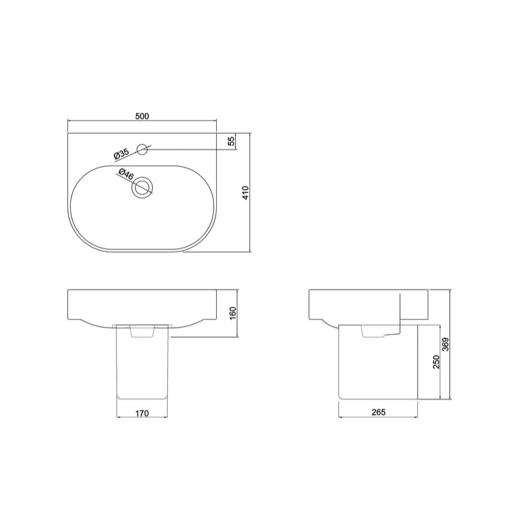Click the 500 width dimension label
coord(142,116)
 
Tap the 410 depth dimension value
coord(245,193)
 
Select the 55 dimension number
coord(231,141)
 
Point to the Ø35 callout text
coord(121,155)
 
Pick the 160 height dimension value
coord(232,313)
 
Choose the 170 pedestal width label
coord(142,414)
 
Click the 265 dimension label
coord(378,412)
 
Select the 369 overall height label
coord(446,344)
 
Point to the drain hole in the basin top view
coord(142,188)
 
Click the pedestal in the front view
coord(143,369)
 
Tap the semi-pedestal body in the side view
coord(378,369)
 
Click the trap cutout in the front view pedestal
coord(142,332)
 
